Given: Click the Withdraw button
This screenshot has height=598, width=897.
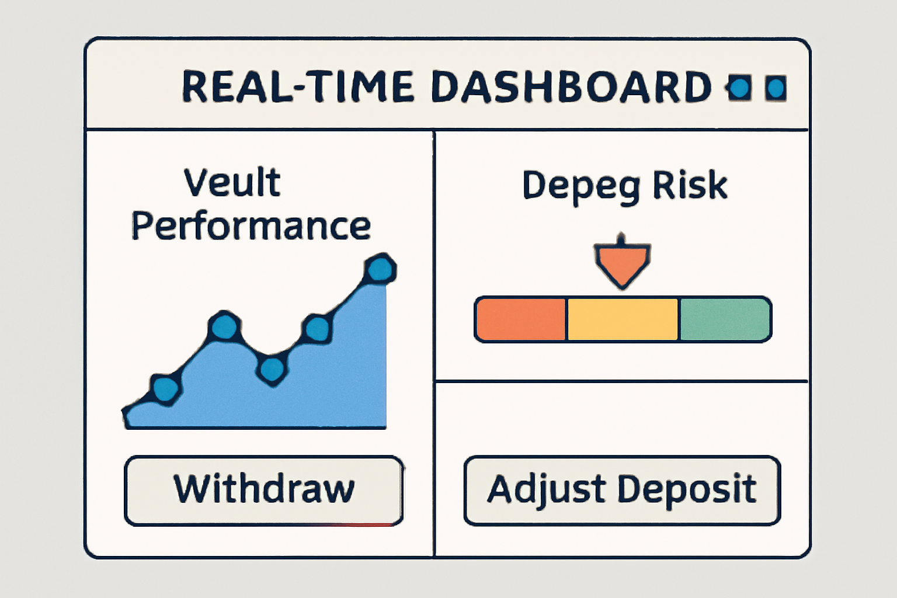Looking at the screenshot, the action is [x=264, y=491].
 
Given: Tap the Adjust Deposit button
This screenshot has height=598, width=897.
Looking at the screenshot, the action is [x=623, y=491].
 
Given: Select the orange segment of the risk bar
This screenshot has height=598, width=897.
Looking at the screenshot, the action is [x=520, y=319].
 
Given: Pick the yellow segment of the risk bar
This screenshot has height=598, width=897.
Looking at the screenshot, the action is [x=623, y=319].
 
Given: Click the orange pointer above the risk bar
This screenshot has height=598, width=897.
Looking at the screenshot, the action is [x=623, y=262].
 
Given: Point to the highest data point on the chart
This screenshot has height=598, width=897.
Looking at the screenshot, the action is [x=380, y=269].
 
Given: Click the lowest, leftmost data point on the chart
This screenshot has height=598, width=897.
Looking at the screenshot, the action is [x=165, y=390].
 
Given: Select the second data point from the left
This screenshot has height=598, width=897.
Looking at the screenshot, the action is [x=225, y=326].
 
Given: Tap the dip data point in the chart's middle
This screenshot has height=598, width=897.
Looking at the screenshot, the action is [x=272, y=370].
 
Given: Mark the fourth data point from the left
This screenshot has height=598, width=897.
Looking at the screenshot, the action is [x=317, y=328].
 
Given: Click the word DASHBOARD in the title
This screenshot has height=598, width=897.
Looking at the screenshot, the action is [x=572, y=86].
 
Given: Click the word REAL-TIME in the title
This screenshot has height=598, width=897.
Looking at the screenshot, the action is [x=298, y=86].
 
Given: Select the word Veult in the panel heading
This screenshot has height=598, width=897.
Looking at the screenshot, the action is [x=232, y=182].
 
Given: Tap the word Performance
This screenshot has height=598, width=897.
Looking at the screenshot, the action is [x=251, y=227].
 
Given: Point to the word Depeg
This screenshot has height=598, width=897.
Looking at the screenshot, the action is [x=582, y=187].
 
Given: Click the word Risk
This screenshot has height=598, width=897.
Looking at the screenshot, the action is [x=690, y=185].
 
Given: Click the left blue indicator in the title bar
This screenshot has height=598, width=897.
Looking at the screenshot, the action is [x=738, y=88].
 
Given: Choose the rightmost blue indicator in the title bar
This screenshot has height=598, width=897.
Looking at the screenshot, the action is [x=776, y=88].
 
